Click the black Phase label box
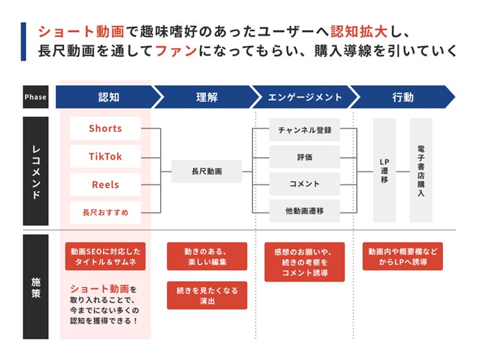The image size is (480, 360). tap(36, 97)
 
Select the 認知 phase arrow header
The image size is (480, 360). tap(107, 97)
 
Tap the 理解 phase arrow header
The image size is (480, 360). tap(206, 97)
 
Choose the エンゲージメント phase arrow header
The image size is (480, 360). tap(304, 97)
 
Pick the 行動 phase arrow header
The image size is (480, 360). tap(403, 97)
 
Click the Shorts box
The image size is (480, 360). tap(105, 128)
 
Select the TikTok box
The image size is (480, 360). tap(105, 157)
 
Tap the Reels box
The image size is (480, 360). tap(105, 185)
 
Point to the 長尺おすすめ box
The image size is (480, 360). tap(105, 212)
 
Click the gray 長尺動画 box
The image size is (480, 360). tap(206, 171)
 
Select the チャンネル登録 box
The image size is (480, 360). tap(305, 130)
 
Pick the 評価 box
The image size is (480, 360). tap(305, 157)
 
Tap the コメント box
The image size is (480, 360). tap(305, 184)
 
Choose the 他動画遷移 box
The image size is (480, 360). tap(305, 211)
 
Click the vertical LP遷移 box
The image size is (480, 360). tap(384, 170)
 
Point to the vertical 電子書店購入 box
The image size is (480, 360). tap(421, 170)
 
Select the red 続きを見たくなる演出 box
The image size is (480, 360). tap(207, 295)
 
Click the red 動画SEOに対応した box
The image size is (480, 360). tap(106, 256)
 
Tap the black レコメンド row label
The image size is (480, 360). tap(36, 171)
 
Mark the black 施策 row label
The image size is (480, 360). tap(36, 286)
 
